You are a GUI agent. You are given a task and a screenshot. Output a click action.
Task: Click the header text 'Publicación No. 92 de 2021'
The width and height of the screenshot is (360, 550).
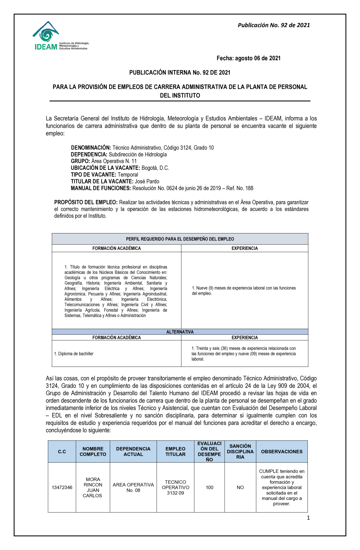[x=274, y=25]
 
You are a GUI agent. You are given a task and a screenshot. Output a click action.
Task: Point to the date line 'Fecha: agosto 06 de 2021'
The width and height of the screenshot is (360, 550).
[x=248, y=58]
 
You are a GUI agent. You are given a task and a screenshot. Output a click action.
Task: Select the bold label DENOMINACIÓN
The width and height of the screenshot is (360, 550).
[x=91, y=148]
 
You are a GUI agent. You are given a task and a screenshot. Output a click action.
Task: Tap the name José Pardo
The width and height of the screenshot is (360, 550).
[x=147, y=182]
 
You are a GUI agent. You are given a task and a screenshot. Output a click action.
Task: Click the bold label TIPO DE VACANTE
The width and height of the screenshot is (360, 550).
[x=93, y=175]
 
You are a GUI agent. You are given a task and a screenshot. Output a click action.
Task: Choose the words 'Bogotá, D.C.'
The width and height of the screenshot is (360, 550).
[x=155, y=168]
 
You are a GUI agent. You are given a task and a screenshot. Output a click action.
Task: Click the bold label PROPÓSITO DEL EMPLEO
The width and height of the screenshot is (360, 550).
[x=86, y=203]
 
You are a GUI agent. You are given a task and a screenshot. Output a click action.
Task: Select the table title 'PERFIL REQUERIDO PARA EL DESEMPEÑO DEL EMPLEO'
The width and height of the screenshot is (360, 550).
[x=180, y=239]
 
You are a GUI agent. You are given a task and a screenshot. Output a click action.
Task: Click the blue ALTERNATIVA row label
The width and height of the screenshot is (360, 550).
[x=180, y=332]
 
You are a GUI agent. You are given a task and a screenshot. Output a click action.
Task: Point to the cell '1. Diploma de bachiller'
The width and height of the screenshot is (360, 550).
[x=74, y=354]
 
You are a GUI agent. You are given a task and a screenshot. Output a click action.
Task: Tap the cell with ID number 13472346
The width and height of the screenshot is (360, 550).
[x=62, y=488]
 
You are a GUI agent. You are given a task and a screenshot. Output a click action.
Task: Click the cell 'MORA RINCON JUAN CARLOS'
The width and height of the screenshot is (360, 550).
[x=93, y=488]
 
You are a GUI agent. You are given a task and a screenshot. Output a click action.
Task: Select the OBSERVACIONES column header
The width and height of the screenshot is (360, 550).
[x=282, y=452]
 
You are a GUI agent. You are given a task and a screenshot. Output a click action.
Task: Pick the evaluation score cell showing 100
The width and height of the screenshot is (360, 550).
[x=210, y=488]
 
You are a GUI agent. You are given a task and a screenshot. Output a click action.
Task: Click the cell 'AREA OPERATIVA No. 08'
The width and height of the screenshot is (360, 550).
[x=133, y=488]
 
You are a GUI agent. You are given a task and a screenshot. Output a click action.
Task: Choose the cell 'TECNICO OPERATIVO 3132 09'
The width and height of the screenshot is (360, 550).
[x=175, y=488]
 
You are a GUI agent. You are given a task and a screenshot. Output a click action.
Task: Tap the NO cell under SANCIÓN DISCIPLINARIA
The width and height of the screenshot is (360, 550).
[x=240, y=488]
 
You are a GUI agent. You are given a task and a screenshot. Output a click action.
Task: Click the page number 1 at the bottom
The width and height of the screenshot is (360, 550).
[x=308, y=518]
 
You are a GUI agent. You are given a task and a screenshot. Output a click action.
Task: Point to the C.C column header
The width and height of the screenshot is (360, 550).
[x=62, y=452]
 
